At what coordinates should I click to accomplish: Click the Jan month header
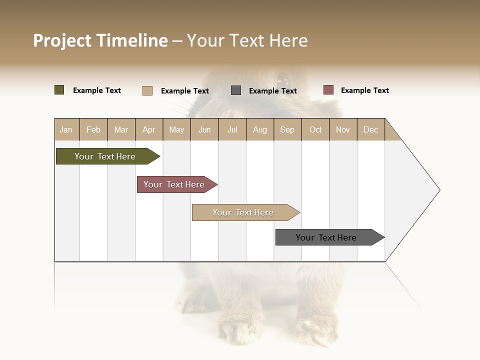click(66, 129)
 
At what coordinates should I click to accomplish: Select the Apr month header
click(148, 129)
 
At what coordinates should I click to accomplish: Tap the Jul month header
click(232, 129)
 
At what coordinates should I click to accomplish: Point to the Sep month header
click(287, 129)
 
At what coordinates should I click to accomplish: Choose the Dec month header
click(370, 129)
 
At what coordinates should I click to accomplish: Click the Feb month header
click(93, 129)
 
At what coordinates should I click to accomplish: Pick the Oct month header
click(315, 129)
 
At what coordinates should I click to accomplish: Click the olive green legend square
click(59, 90)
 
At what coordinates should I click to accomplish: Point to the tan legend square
click(147, 90)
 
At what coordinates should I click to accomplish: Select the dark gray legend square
click(236, 90)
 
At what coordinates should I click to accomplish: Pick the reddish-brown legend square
click(328, 90)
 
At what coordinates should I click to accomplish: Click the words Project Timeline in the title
click(100, 40)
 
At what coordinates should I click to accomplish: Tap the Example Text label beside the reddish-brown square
click(364, 90)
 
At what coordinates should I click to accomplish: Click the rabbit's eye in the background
click(283, 79)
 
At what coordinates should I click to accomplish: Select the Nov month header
click(342, 129)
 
